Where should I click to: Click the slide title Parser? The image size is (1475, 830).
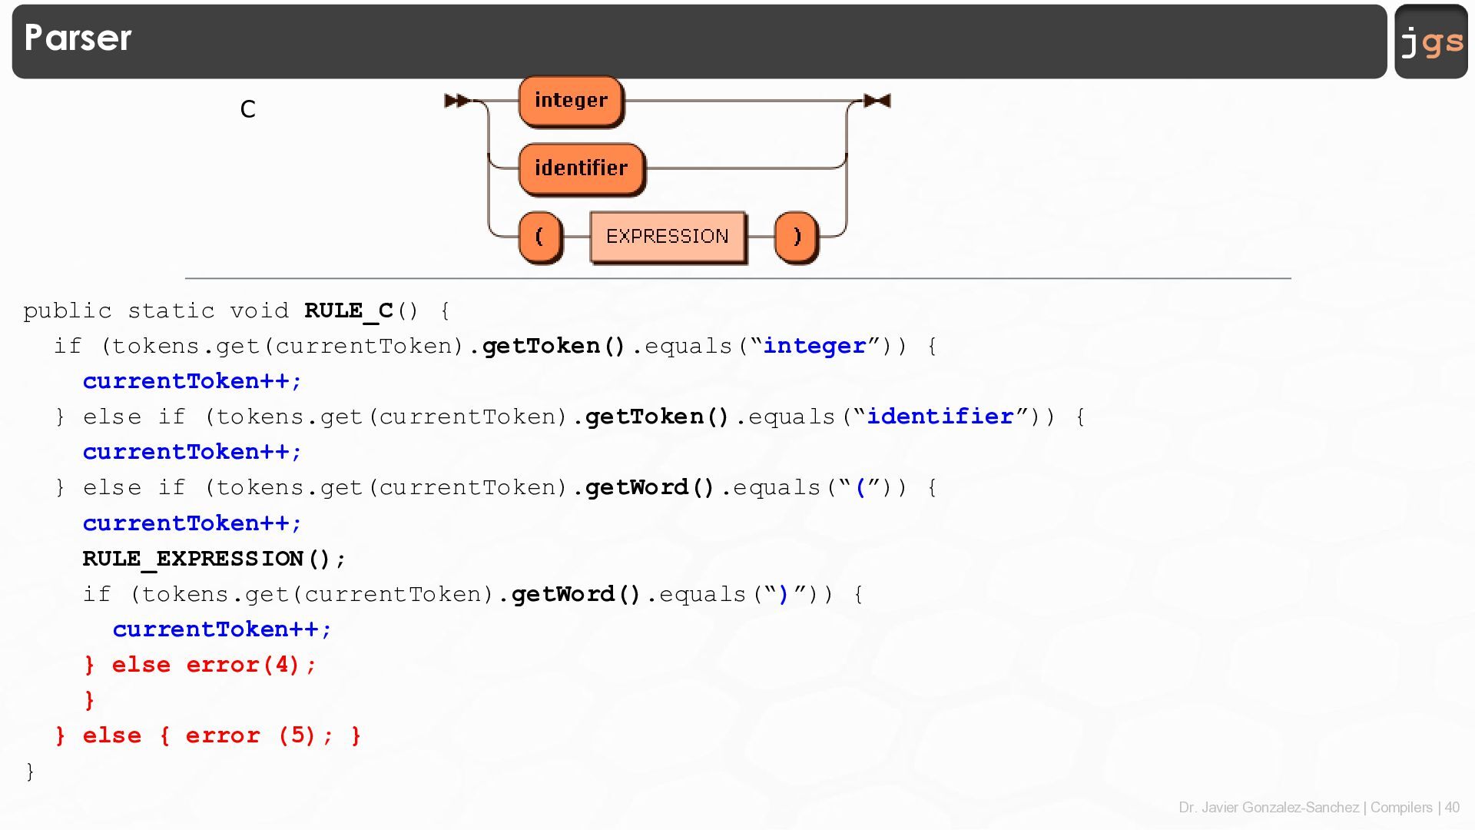coord(78,38)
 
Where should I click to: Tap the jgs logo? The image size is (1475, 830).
coord(1431,41)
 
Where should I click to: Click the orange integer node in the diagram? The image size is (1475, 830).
coord(571,101)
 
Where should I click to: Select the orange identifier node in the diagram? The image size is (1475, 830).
coord(582,168)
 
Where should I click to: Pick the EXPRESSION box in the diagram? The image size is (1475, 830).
coord(668,237)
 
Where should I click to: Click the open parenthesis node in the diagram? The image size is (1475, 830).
coord(539,237)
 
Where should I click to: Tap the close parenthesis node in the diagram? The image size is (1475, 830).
coord(797,237)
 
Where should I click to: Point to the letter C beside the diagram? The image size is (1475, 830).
coord(247,109)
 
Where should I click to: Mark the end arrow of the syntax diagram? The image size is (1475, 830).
coord(877,101)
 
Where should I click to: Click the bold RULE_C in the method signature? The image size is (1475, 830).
coord(349,310)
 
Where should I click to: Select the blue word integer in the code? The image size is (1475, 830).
coord(814,346)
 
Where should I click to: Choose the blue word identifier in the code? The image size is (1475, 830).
coord(940,417)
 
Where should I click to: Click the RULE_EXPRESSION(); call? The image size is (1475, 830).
coord(214,559)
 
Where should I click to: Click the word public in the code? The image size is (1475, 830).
coord(67,310)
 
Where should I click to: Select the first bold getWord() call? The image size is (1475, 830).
coord(650,488)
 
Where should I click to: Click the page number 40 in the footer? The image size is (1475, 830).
coord(1452,808)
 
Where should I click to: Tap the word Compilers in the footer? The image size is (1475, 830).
coord(1401,808)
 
